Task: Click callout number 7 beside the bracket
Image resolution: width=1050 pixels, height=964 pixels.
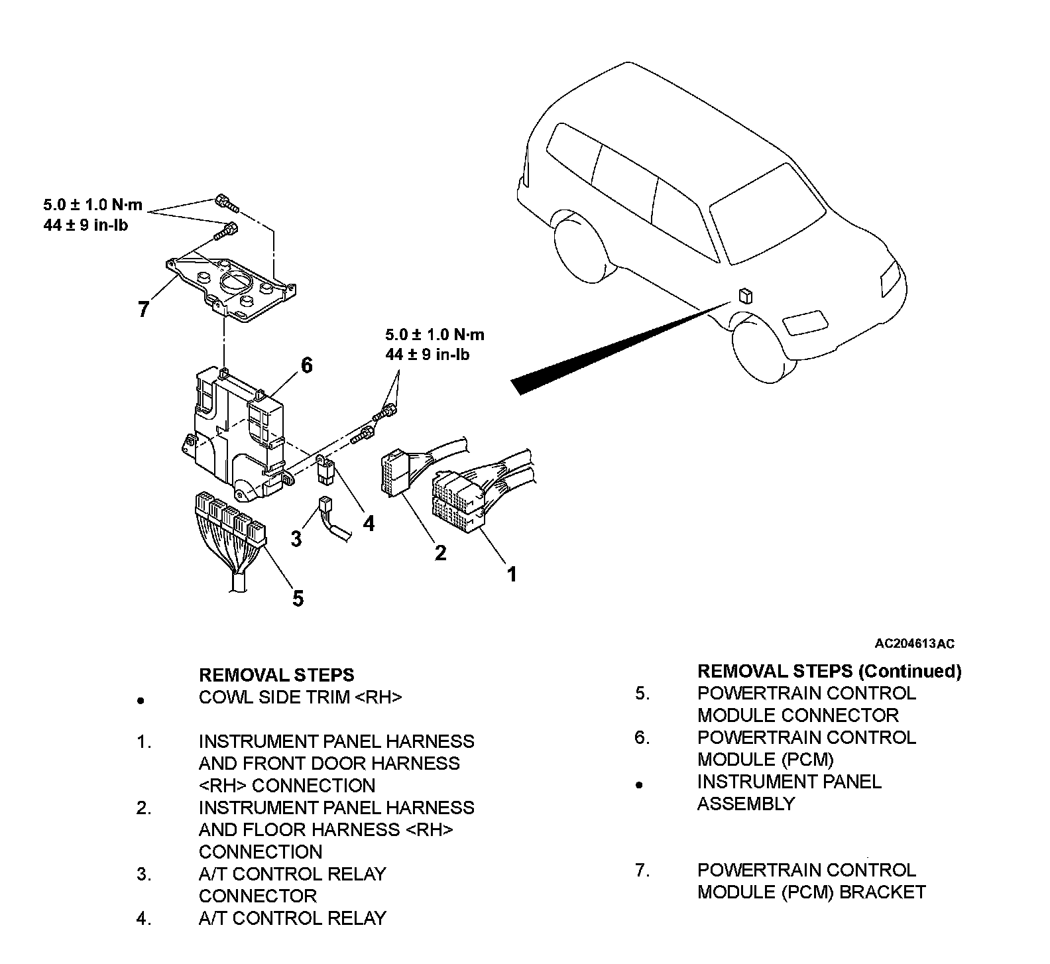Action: click(143, 308)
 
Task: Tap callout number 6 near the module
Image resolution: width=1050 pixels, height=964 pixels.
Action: click(306, 365)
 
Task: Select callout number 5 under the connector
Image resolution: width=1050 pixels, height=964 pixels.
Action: click(298, 598)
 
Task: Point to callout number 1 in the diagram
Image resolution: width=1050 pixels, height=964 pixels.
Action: click(511, 573)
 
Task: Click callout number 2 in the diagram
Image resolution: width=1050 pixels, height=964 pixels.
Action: click(440, 552)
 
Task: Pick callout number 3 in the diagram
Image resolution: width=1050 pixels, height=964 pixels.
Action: click(296, 538)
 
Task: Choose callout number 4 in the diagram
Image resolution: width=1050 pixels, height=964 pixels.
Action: click(369, 524)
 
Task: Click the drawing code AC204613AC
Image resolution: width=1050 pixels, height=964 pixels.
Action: click(914, 643)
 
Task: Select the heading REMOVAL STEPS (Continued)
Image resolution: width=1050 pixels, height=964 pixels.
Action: click(829, 671)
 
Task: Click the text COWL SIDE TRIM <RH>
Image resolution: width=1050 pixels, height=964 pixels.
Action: click(300, 697)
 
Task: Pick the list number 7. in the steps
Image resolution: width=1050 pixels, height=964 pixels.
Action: click(642, 870)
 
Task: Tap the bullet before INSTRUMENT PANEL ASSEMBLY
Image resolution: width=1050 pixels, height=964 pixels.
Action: click(639, 785)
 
